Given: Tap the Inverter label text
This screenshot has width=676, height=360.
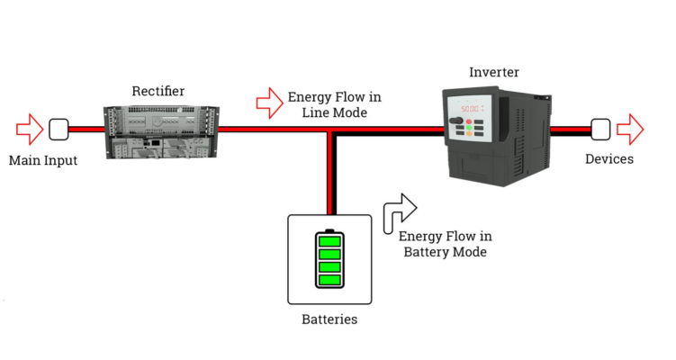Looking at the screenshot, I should [x=494, y=72].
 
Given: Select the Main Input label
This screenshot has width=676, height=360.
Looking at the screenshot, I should [x=43, y=161].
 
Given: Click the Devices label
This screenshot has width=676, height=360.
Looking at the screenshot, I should [x=609, y=159].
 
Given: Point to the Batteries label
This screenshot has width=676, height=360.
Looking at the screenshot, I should [x=329, y=319].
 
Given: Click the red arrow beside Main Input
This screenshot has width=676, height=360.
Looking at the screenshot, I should [x=29, y=129].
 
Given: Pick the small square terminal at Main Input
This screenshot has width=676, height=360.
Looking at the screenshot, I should [x=59, y=130].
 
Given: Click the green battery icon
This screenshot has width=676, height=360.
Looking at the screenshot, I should [x=329, y=259].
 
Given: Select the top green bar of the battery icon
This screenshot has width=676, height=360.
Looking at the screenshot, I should [x=329, y=241].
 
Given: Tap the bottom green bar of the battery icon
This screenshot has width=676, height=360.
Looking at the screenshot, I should [x=329, y=278].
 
